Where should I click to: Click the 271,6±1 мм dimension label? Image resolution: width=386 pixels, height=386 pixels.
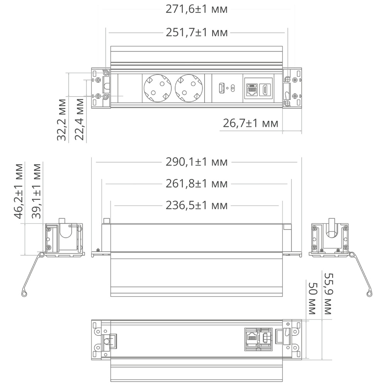196,9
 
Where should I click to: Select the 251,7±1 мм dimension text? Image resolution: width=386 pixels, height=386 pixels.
196,33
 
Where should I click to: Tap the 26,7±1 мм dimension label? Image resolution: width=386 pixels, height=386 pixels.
251,124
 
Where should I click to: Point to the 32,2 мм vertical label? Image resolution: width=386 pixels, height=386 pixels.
62,120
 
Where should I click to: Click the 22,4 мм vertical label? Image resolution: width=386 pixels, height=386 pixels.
80,120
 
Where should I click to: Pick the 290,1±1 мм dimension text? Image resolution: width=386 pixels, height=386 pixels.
196,162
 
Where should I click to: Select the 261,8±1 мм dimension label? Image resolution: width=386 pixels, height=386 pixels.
196,184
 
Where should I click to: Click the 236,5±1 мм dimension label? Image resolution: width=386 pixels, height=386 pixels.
196,205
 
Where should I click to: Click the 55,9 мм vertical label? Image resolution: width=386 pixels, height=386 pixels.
328,293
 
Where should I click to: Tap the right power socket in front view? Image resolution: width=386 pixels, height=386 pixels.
188,88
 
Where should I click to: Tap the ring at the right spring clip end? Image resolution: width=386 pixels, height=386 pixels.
369,294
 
